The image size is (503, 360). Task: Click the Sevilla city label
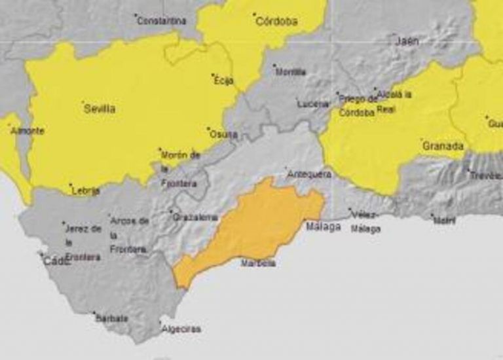click(100, 109)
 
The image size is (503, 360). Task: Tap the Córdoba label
click(276, 21)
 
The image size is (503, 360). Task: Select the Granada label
click(443, 145)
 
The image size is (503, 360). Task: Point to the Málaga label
click(324, 227)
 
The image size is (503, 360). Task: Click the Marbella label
click(259, 263)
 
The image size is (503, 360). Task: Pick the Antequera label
click(310, 174)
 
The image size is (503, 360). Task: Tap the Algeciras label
click(181, 329)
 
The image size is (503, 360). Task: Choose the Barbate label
click(112, 319)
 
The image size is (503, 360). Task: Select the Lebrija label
click(86, 191)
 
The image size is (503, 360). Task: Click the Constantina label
click(162, 21)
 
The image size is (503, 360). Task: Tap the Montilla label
click(290, 72)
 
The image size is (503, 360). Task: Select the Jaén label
click(407, 41)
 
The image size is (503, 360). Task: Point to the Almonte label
click(28, 131)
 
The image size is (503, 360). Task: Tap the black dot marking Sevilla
click(83, 102)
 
